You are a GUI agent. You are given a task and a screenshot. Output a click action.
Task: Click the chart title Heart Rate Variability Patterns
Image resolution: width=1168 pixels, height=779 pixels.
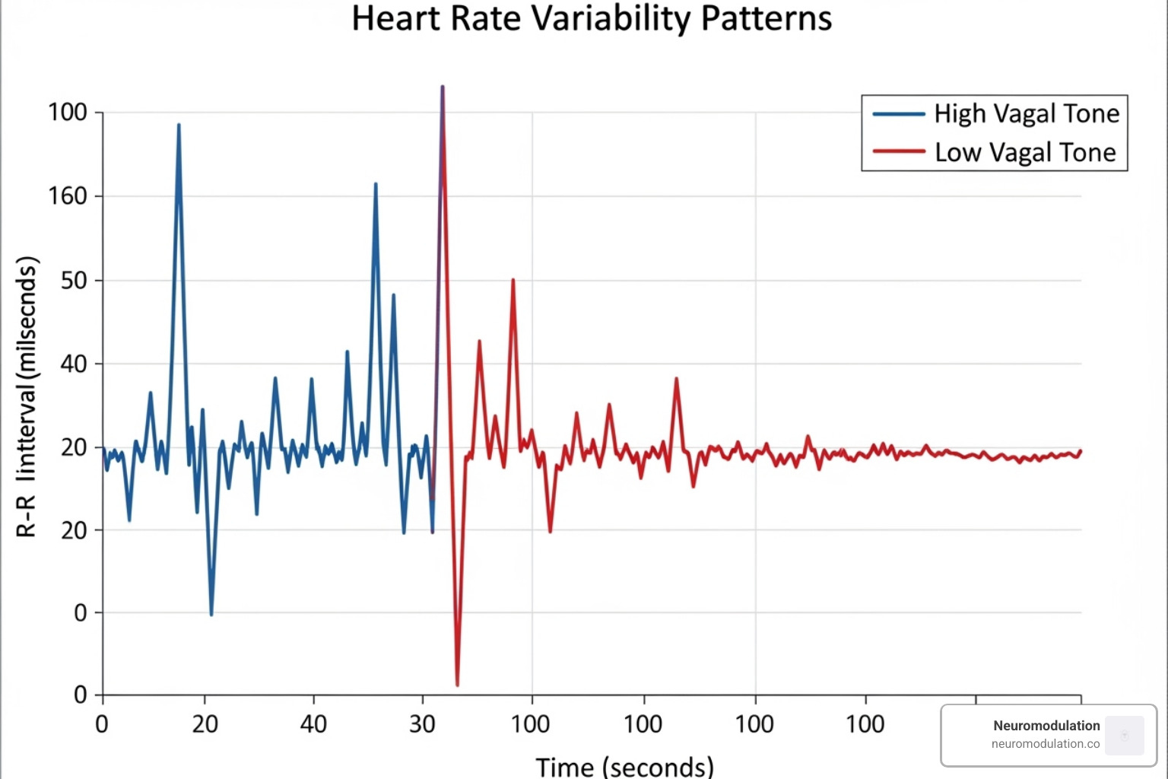(592, 18)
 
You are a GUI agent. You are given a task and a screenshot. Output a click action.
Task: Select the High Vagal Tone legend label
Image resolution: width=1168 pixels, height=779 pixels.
(1027, 113)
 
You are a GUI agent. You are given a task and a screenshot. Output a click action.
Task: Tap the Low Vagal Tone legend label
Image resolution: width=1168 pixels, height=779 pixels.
(1025, 152)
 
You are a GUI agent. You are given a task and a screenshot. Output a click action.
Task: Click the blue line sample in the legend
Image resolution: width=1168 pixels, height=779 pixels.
(898, 114)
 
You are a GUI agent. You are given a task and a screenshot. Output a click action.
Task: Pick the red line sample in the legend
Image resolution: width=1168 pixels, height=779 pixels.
(898, 151)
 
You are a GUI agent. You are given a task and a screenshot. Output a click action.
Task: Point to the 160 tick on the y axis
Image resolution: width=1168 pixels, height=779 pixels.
(68, 196)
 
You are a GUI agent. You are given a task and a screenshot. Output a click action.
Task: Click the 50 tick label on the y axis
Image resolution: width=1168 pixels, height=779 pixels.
(74, 280)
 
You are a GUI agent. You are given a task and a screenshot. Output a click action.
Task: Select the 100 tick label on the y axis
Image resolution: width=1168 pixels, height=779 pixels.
(68, 113)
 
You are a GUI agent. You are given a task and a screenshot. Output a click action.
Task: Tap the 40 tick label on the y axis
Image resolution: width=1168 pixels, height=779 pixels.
(74, 364)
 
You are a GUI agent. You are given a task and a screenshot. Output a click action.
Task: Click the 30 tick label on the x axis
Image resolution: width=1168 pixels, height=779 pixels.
(422, 723)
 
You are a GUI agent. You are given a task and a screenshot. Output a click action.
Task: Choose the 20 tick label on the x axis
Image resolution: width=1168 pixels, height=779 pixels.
(205, 723)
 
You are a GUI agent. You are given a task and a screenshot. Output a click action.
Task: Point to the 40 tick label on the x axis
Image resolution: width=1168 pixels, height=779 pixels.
(313, 723)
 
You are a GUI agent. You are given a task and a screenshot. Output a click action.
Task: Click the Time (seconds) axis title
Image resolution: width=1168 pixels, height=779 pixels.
(624, 766)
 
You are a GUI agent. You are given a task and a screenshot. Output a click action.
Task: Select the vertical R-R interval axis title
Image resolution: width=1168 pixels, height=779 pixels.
(27, 397)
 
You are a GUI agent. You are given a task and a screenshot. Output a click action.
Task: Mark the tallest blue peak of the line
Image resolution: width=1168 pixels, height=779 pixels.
(179, 125)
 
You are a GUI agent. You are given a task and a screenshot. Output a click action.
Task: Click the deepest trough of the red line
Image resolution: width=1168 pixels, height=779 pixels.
(457, 685)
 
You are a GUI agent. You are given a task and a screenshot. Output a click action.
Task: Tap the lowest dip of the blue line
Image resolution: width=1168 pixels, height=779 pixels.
(211, 614)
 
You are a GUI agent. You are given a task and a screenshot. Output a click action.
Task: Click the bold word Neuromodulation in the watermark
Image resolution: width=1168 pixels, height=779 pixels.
(1046, 726)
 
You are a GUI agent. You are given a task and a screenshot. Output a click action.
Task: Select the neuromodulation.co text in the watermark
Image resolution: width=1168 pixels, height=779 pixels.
(1046, 744)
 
